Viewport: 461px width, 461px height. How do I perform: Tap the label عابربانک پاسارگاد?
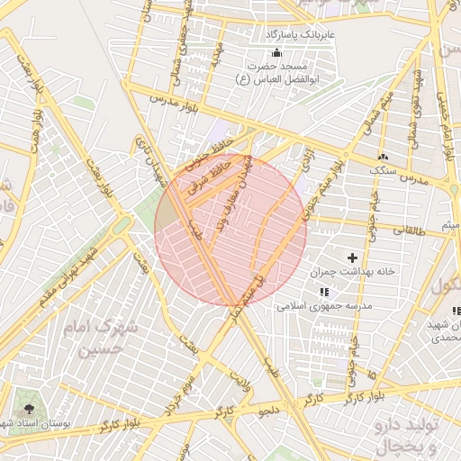pos(300,35)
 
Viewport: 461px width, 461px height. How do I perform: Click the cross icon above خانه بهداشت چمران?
pos(352,258)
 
